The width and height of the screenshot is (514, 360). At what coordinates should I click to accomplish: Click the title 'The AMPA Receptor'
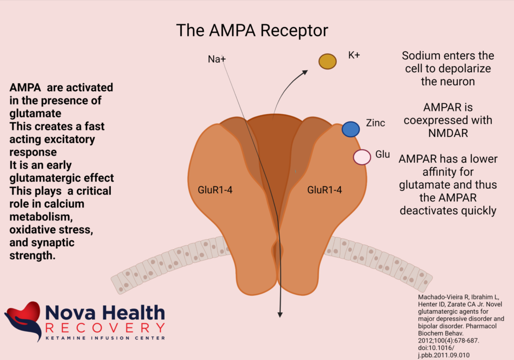[252, 31]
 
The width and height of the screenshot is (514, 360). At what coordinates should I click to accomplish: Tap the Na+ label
[217, 59]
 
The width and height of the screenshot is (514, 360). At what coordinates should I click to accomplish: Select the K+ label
[354, 55]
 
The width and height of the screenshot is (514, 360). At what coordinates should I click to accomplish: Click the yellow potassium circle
[327, 61]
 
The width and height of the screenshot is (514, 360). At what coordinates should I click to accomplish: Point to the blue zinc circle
[350, 129]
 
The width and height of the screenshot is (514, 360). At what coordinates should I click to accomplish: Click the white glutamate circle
[362, 157]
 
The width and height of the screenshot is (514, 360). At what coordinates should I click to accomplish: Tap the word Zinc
[375, 123]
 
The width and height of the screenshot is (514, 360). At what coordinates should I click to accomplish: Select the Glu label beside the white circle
[382, 154]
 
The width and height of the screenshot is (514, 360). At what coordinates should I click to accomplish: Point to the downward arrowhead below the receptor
[280, 314]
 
